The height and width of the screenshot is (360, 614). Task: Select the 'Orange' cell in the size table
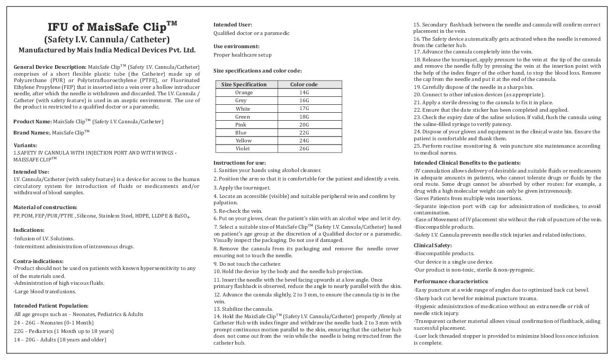click(244, 93)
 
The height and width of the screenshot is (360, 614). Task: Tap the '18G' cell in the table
click(304, 116)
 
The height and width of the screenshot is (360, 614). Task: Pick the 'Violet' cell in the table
click(243, 148)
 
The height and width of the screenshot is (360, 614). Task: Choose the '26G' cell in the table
click(304, 148)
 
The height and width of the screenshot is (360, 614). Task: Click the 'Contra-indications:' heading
click(38, 261)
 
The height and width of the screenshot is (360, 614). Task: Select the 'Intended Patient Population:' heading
click(51, 305)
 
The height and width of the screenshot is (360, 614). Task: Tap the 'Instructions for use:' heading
click(239, 162)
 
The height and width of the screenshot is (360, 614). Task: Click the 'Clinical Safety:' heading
click(432, 245)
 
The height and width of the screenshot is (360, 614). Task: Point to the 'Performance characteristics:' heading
click(451, 281)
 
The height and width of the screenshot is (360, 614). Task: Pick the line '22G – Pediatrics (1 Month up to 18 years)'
click(64, 331)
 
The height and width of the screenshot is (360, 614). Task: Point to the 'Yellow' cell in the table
click(243, 140)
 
